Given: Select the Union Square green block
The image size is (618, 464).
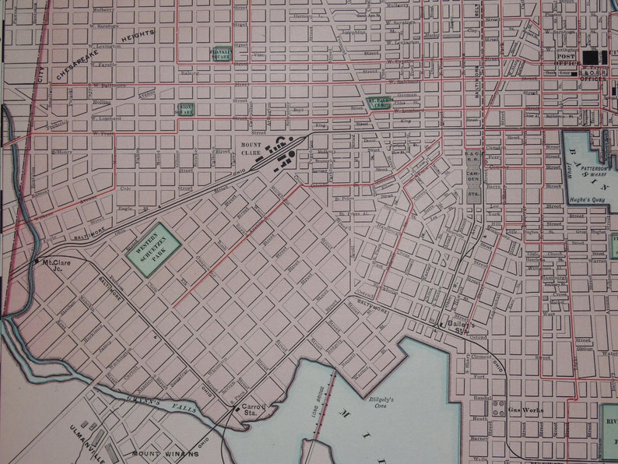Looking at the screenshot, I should pyautogui.click(x=184, y=110).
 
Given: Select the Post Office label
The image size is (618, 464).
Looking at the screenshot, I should pyautogui.click(x=567, y=59).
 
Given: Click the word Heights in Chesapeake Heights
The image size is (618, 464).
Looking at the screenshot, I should pyautogui.click(x=138, y=35).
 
